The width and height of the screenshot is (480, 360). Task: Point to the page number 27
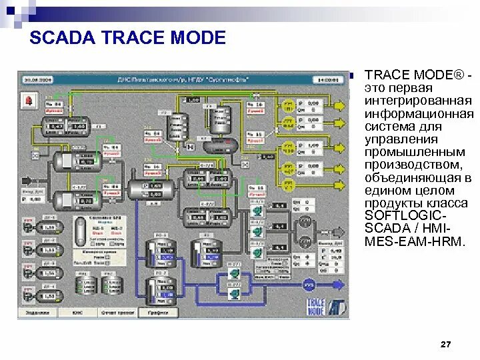[x=446, y=344]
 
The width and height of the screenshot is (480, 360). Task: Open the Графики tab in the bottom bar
[x=158, y=312]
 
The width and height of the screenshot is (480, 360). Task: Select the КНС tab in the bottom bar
[x=78, y=312]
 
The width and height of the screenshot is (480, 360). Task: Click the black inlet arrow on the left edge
[x=27, y=179]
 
